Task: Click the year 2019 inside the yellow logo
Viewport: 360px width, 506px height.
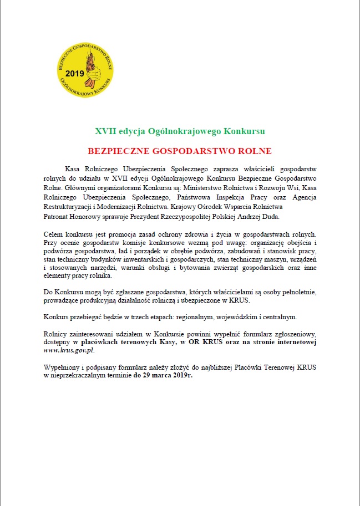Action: [x=74, y=73]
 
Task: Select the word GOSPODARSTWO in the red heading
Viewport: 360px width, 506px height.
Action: [x=176, y=151]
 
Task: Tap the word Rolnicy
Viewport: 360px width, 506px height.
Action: [x=55, y=334]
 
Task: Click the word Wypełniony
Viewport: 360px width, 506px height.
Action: [x=62, y=367]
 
